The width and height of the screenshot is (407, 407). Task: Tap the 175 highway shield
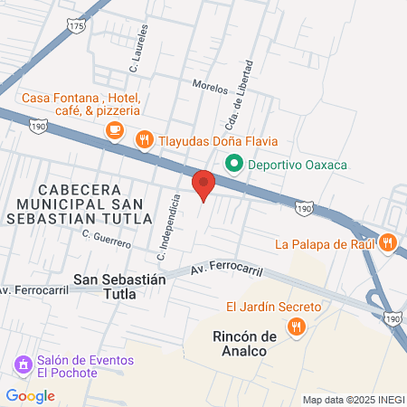76,27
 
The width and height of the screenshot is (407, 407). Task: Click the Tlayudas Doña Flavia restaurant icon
143,140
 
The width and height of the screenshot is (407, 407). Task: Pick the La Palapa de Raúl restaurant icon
388,241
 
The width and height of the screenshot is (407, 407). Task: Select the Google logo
30,395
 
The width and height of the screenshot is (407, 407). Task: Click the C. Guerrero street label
107,239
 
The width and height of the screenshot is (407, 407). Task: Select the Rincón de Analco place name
244,345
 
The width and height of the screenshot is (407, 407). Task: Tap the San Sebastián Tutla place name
120,288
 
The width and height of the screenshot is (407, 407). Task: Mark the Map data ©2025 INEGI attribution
352,399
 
